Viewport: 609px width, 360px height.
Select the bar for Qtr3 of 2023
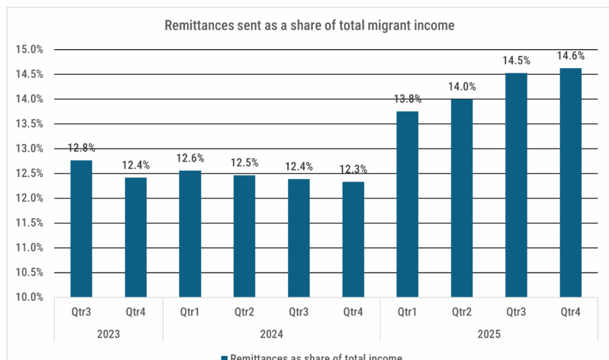[81, 228]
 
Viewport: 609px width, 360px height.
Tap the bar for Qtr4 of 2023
[135, 237]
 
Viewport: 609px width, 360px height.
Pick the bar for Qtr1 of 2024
[190, 233]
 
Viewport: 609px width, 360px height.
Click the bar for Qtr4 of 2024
[353, 239]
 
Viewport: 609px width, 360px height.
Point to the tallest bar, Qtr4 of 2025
[570, 182]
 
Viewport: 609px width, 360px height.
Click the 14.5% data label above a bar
[516, 61]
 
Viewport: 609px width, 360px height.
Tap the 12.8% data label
[81, 147]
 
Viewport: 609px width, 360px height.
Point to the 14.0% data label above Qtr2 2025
[462, 86]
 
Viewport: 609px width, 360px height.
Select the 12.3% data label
[353, 170]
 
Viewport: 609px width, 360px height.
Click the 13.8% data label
[407, 99]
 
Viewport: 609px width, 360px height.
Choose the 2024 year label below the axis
[271, 334]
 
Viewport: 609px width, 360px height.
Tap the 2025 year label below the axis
[489, 334]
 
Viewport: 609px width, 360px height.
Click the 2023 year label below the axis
[108, 334]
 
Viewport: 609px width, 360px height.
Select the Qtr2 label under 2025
[462, 312]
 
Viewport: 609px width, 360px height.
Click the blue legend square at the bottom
[224, 357]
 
